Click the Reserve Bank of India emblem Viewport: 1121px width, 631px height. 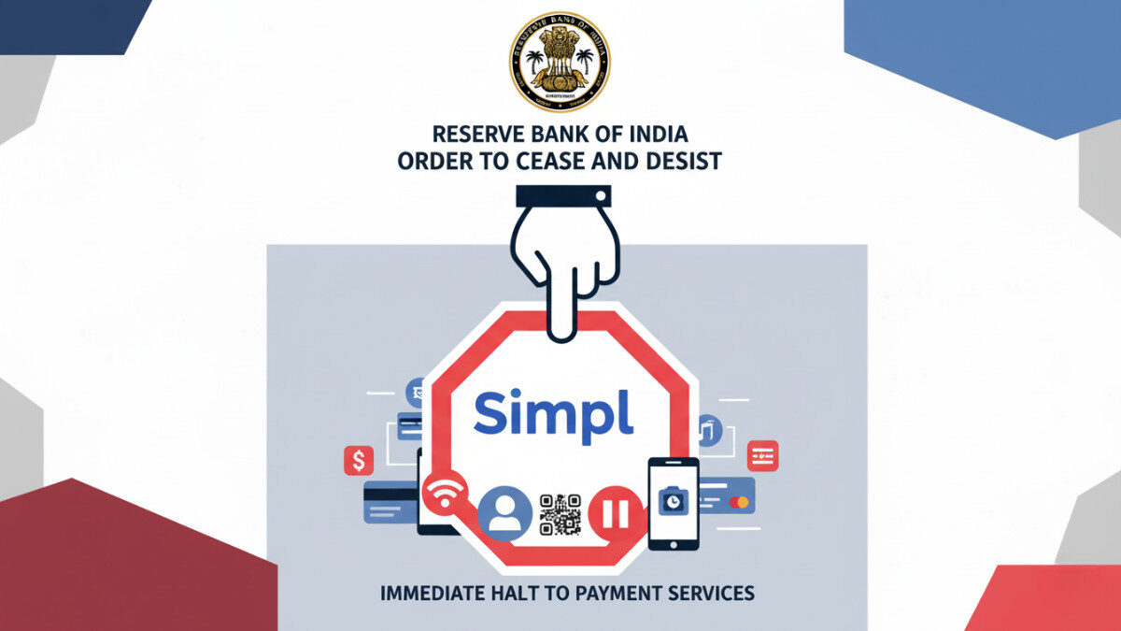click(560, 62)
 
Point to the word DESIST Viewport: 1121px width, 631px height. click(684, 161)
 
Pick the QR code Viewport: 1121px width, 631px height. click(560, 515)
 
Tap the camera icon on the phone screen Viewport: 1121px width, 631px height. click(672, 501)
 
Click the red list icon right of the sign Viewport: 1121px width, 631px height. click(762, 455)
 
